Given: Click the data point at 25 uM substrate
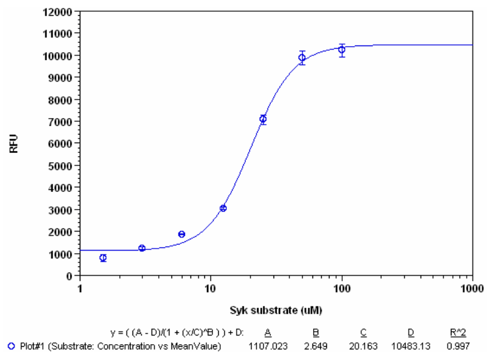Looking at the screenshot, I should click(x=263, y=119).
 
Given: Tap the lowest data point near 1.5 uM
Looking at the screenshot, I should click(x=103, y=258).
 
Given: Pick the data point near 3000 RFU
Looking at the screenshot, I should click(x=223, y=208).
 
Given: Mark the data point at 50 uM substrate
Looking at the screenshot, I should click(x=302, y=57).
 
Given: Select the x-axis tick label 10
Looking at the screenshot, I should click(x=210, y=288).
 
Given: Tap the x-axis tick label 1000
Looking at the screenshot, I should click(x=472, y=288).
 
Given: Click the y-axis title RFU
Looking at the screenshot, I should click(x=14, y=143).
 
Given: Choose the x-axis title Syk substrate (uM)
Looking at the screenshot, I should click(x=276, y=309).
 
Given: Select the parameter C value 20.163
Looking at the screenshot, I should click(x=364, y=346).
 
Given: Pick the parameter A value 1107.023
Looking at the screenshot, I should click(x=268, y=346).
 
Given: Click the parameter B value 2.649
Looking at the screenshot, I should click(x=317, y=346).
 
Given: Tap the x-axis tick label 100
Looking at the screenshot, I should click(x=341, y=288).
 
